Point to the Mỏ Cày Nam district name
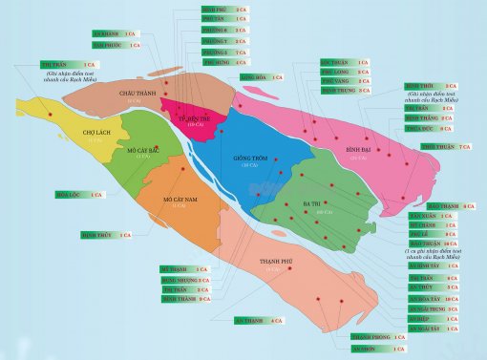pyautogui.click(x=180, y=200)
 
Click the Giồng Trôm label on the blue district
pyautogui.click(x=251, y=158)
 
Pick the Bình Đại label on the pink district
pyautogui.click(x=358, y=151)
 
